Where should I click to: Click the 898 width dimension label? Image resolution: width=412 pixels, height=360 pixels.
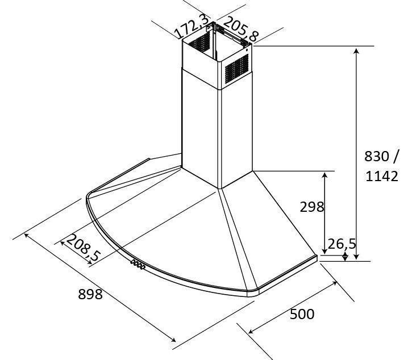90,294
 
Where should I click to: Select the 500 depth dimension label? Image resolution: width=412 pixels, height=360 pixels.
302,314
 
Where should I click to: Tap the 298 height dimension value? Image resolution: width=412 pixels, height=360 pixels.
312,207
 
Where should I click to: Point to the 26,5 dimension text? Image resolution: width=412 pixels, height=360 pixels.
342,244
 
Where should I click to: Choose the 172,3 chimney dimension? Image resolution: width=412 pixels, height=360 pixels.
192,27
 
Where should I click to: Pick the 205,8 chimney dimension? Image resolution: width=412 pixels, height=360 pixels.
241,29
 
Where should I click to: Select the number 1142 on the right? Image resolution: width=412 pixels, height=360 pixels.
382,176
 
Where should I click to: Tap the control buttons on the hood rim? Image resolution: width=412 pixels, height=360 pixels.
138,265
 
